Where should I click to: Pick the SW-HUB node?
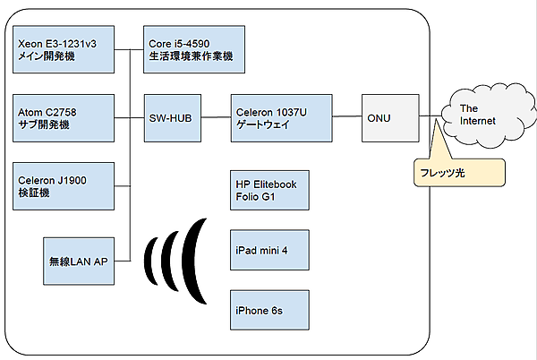coord(173,117)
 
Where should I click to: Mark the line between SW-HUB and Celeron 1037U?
coord(215,117)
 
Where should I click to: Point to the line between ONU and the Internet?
coord(430,117)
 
